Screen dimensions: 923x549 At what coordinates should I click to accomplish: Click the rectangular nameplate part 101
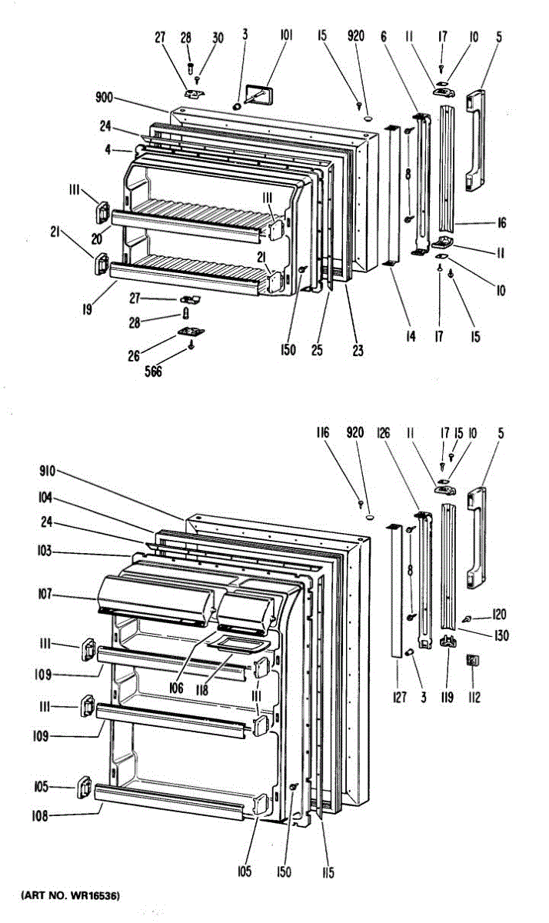[x=258, y=95]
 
